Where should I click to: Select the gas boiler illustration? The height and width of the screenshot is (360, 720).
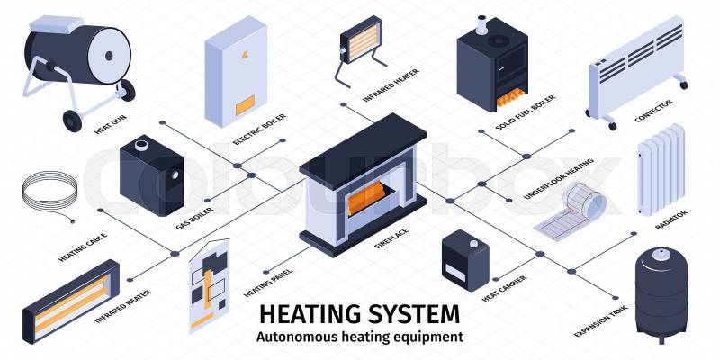pyautogui.click(x=149, y=175)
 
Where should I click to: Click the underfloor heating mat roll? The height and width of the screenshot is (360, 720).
pyautogui.click(x=575, y=207)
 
